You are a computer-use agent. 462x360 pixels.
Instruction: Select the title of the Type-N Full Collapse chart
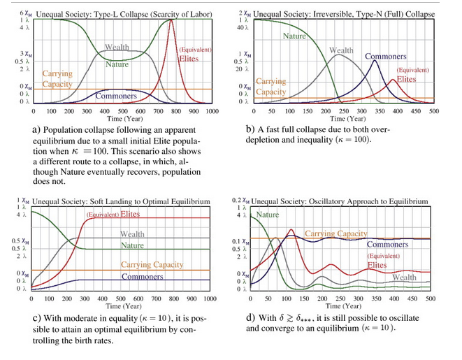pyautogui.click(x=342, y=14)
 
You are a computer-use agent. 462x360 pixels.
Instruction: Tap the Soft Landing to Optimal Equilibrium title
pyautogui.click(x=121, y=201)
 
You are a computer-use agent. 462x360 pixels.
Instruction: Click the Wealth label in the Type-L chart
pyautogui.click(x=117, y=47)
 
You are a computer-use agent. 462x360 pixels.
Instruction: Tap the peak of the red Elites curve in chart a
pyautogui.click(x=171, y=20)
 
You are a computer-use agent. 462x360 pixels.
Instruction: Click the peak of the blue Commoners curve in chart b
pyautogui.click(x=375, y=60)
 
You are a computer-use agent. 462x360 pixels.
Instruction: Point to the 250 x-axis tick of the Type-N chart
pyautogui.click(x=337, y=111)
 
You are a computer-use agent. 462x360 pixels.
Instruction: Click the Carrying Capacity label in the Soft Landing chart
pyautogui.click(x=152, y=265)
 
